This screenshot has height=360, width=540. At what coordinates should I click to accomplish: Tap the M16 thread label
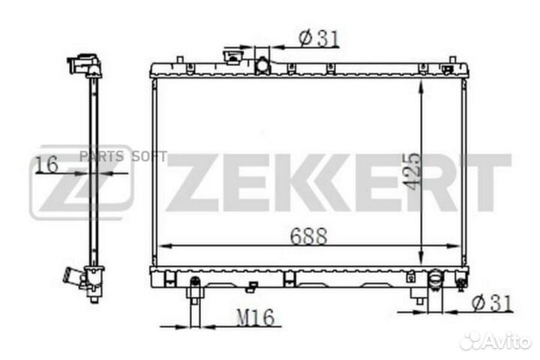[x=256, y=317]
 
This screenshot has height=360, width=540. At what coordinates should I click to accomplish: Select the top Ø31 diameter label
[x=319, y=38]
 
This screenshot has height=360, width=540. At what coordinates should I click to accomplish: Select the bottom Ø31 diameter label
[x=493, y=303]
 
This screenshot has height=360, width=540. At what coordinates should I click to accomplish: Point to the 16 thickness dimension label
[x=46, y=164]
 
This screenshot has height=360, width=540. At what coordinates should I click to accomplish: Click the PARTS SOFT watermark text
[x=123, y=157]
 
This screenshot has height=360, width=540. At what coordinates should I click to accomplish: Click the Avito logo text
[x=496, y=343]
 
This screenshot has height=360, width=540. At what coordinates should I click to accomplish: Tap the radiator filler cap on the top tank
[x=233, y=57]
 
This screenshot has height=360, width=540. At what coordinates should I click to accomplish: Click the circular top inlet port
[x=262, y=65]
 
